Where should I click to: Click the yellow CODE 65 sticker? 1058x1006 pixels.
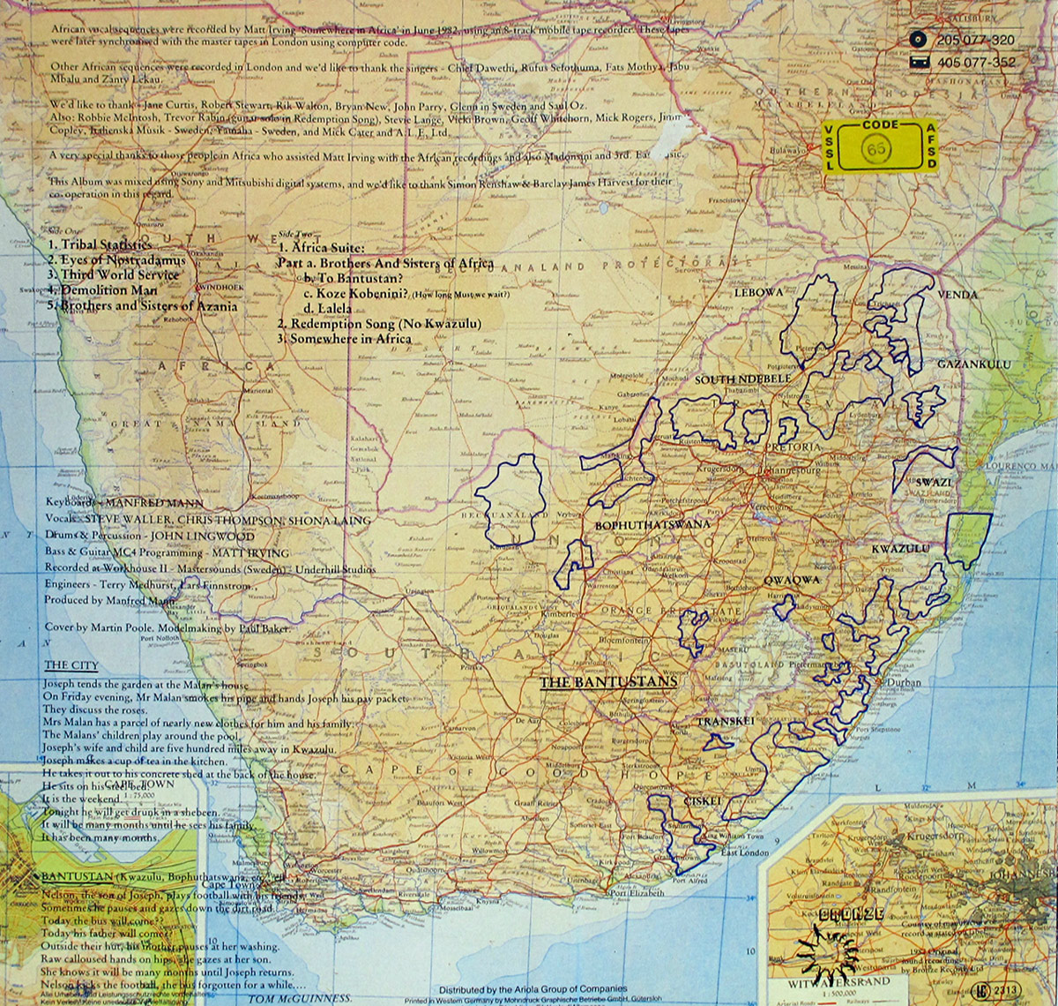pyautogui.click(x=894, y=146)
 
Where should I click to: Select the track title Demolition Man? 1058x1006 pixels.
pyautogui.click(x=102, y=289)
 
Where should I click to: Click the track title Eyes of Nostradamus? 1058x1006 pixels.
pyautogui.click(x=116, y=260)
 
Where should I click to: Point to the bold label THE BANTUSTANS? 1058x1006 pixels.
pyautogui.click(x=607, y=681)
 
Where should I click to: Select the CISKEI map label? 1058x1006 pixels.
pyautogui.click(x=703, y=800)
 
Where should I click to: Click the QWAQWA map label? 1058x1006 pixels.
pyautogui.click(x=792, y=580)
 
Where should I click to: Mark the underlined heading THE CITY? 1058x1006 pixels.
pyautogui.click(x=71, y=664)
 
